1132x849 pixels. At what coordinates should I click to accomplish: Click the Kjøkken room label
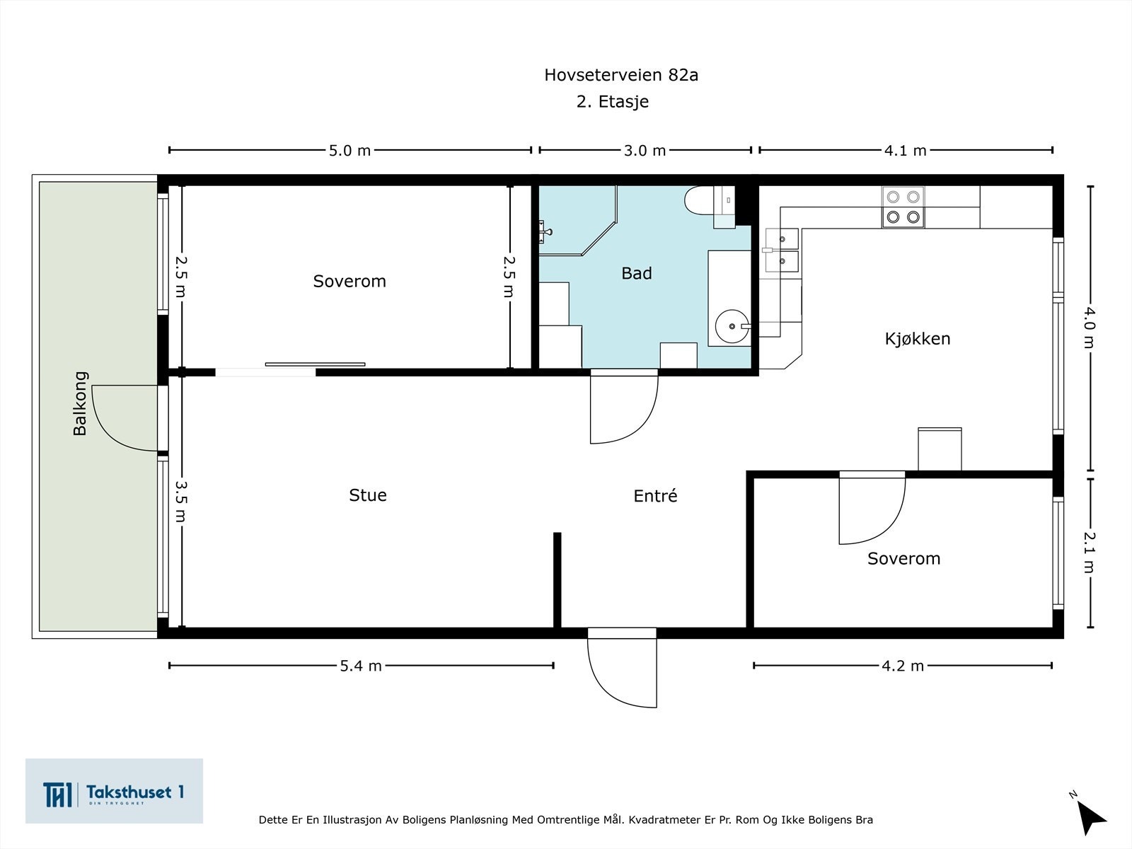[x=917, y=338]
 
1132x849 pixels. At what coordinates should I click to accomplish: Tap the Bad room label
[x=636, y=273]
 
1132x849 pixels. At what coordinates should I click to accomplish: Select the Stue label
[x=367, y=495]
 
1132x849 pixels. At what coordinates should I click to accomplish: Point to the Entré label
[x=655, y=496]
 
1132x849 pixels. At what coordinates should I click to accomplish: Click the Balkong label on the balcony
[x=80, y=403]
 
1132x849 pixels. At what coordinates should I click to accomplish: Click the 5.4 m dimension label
[x=361, y=666]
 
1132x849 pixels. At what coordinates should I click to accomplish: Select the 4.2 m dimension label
[x=903, y=666]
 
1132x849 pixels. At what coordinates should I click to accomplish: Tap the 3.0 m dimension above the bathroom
[x=645, y=150]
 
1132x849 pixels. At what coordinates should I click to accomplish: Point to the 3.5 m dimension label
[x=181, y=501]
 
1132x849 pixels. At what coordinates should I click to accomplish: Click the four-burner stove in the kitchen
[x=903, y=207]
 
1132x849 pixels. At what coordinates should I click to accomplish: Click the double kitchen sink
[x=781, y=250]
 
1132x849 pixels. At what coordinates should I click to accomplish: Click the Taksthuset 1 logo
[x=114, y=791]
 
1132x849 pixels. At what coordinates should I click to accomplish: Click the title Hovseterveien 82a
[x=620, y=75]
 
